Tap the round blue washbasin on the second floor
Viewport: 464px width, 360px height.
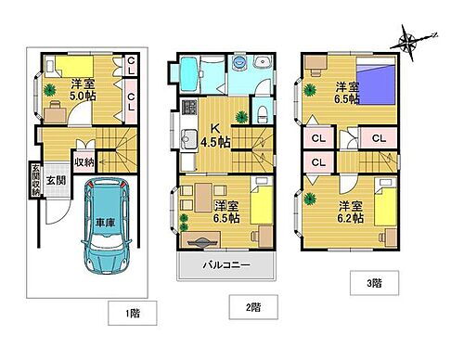tap(238, 63)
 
